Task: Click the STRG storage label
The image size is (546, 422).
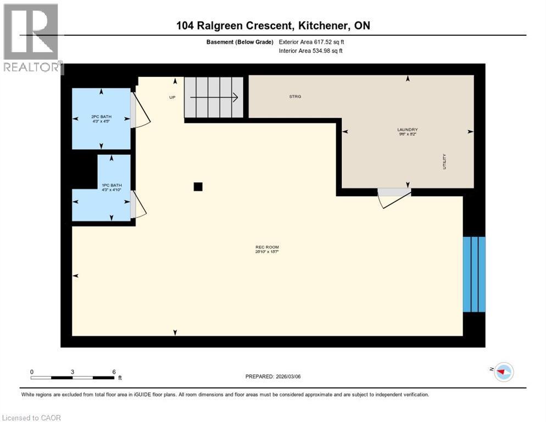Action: coord(295,97)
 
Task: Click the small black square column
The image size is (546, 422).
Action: coord(198,187)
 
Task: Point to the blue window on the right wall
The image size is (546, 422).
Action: coord(474,274)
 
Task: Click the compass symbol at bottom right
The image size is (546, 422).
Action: coord(503,372)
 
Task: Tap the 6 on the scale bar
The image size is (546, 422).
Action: coord(114,371)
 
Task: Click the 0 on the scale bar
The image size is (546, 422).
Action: coord(32,371)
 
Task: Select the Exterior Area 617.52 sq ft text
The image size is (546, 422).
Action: coord(311,42)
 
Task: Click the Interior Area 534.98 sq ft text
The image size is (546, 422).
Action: coord(311,51)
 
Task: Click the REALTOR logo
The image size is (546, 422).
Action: coord(32,38)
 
